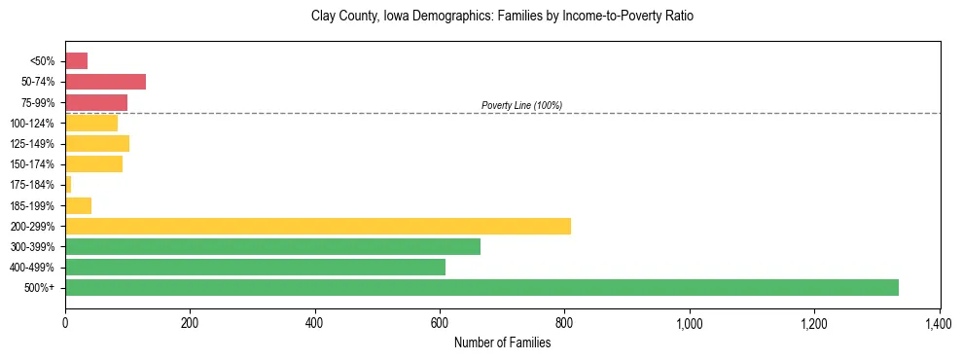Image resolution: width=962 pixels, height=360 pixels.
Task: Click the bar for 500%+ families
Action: click(481, 287)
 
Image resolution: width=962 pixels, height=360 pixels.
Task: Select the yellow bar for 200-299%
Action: click(318, 226)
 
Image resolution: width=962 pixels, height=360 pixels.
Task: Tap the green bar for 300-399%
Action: click(272, 246)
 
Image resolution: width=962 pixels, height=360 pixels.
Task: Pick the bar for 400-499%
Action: click(255, 267)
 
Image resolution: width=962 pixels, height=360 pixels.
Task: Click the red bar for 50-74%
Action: click(105, 82)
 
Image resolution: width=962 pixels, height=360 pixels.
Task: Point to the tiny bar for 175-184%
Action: click(68, 185)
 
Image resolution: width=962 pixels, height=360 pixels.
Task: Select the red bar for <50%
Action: click(76, 61)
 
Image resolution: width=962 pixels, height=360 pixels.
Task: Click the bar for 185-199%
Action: click(78, 205)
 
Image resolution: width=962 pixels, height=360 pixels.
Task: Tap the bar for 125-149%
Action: click(97, 144)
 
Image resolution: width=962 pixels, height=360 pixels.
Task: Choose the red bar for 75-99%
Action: click(96, 102)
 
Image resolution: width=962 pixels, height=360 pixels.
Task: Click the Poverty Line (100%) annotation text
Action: click(521, 105)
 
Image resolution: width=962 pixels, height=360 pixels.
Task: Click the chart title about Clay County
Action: click(502, 17)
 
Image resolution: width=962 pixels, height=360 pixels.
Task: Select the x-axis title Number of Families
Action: click(502, 342)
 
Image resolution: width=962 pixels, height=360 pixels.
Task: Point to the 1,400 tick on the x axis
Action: click(939, 322)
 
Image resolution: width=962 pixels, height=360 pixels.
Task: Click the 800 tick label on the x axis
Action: click(564, 322)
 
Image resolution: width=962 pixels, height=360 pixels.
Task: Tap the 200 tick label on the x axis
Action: click(190, 322)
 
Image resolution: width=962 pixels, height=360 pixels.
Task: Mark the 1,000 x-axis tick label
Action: click(689, 322)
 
